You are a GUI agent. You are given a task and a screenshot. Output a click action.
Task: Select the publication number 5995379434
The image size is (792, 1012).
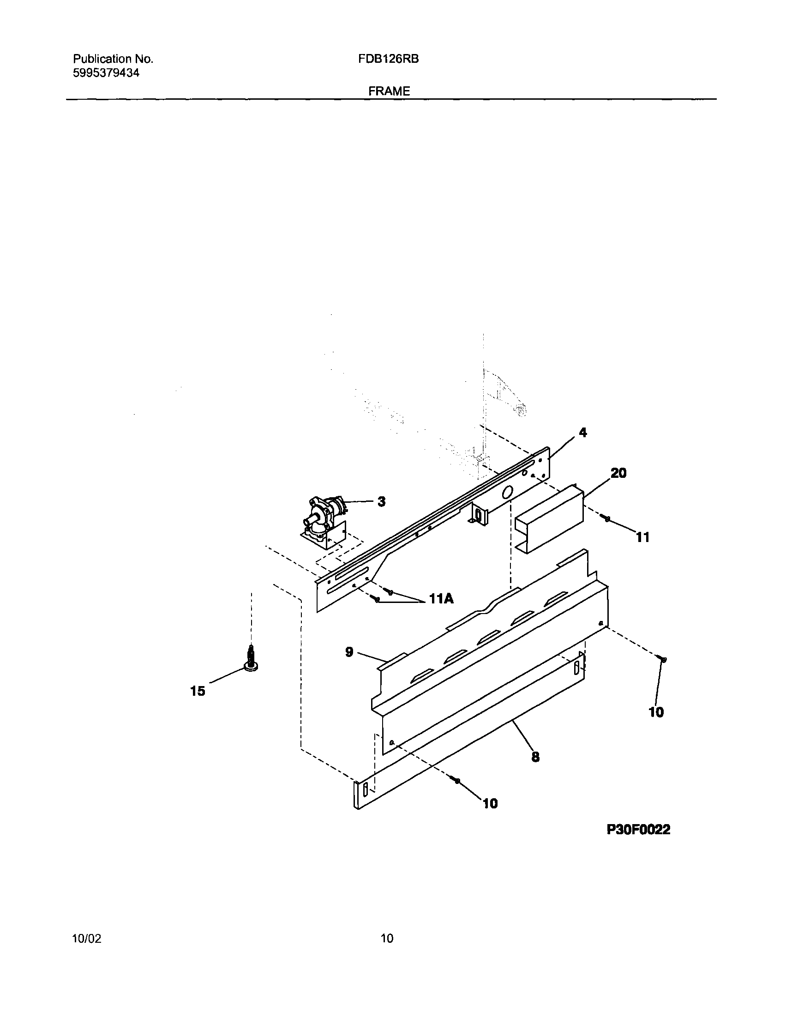pos(106,73)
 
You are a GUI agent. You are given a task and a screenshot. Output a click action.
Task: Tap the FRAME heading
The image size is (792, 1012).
pos(389,91)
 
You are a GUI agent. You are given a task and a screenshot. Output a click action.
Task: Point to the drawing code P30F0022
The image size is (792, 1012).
pos(638,830)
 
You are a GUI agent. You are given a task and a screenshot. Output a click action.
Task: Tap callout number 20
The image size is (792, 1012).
pos(618,473)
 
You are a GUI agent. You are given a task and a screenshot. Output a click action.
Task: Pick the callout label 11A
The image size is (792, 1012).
pos(441,599)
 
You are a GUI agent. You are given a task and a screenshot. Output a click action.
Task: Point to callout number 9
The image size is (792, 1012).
pos(349,652)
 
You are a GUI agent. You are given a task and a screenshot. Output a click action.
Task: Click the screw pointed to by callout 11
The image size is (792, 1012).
pos(605,518)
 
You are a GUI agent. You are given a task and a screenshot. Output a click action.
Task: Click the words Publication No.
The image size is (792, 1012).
pos(113,59)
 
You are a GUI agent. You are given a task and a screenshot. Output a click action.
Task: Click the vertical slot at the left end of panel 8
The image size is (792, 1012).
pos(365,789)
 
